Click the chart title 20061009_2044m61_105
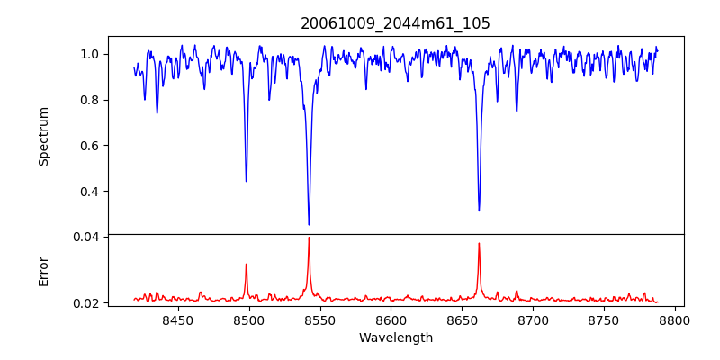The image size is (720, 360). (x=395, y=23)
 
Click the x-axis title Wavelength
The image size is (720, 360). (x=395, y=337)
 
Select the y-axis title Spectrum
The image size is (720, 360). (x=43, y=136)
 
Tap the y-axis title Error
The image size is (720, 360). (x=43, y=271)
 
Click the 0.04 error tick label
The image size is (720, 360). (x=86, y=237)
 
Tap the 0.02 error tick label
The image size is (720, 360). (x=86, y=303)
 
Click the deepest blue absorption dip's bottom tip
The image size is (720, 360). (x=309, y=224)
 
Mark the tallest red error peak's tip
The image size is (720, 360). (x=309, y=238)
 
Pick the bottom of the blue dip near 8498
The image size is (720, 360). (x=246, y=181)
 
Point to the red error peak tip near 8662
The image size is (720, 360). (x=479, y=243)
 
